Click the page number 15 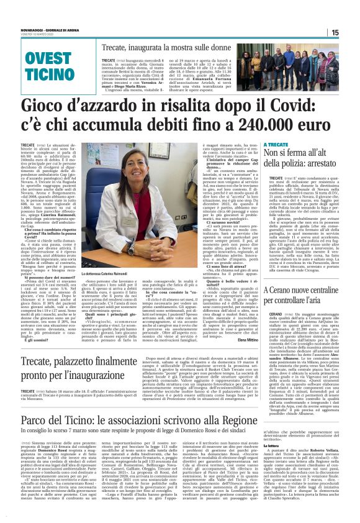point(351,33)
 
